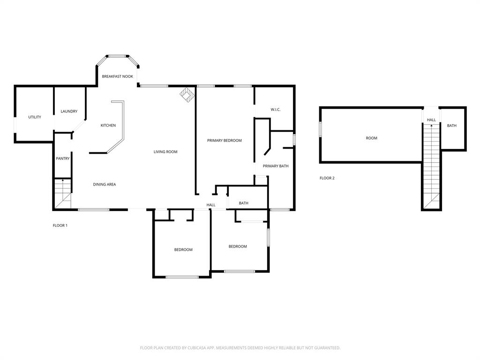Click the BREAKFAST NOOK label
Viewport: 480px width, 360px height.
click(118, 76)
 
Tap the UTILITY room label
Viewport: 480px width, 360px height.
click(35, 117)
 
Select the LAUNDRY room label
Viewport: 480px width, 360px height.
click(69, 112)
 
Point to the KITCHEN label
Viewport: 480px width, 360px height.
click(108, 126)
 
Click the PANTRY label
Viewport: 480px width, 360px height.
click(63, 159)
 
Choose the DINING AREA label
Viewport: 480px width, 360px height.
click(105, 185)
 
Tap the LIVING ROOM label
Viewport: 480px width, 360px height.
click(165, 152)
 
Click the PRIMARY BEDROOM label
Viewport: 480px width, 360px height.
click(225, 141)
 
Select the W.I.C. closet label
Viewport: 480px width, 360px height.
click(276, 110)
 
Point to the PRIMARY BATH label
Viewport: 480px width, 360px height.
click(276, 166)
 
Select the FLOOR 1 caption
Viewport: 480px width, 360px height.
click(60, 225)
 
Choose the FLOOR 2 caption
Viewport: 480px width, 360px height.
click(327, 178)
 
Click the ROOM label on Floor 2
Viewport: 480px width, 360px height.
click(372, 138)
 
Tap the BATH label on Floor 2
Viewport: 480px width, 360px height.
click(452, 126)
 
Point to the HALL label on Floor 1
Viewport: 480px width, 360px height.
click(211, 205)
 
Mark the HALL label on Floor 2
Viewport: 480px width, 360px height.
click(431, 120)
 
